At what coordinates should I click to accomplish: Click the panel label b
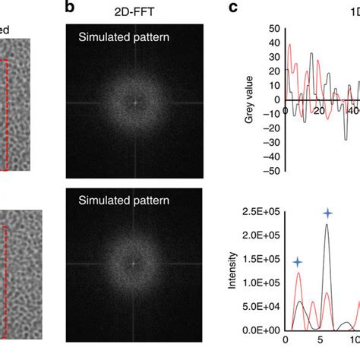[x=71, y=8]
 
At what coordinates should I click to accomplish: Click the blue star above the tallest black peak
[x=327, y=214]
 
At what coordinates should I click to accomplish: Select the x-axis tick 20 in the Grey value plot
[x=319, y=111]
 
